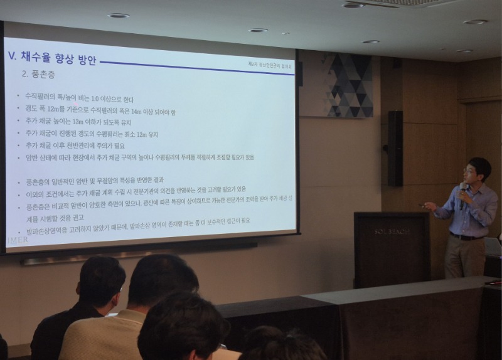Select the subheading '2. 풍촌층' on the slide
[x=38, y=74]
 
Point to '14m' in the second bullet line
[x=139, y=111]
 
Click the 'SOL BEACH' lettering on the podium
[x=392, y=231]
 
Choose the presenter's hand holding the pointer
[x=431, y=205]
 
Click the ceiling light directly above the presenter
[x=475, y=22]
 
